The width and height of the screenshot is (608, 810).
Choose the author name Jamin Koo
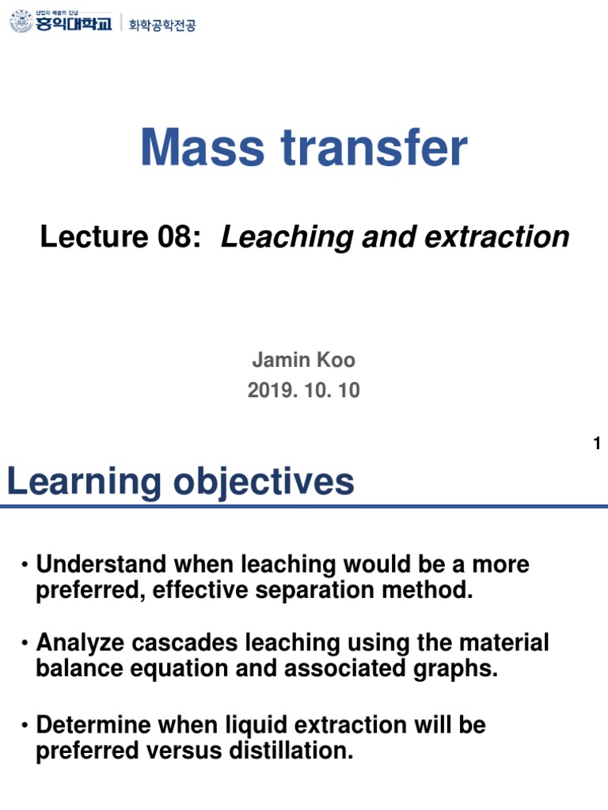click(303, 361)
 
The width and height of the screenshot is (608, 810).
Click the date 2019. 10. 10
click(303, 391)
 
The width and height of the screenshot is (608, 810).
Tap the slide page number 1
click(597, 444)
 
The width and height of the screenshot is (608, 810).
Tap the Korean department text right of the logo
click(162, 25)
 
